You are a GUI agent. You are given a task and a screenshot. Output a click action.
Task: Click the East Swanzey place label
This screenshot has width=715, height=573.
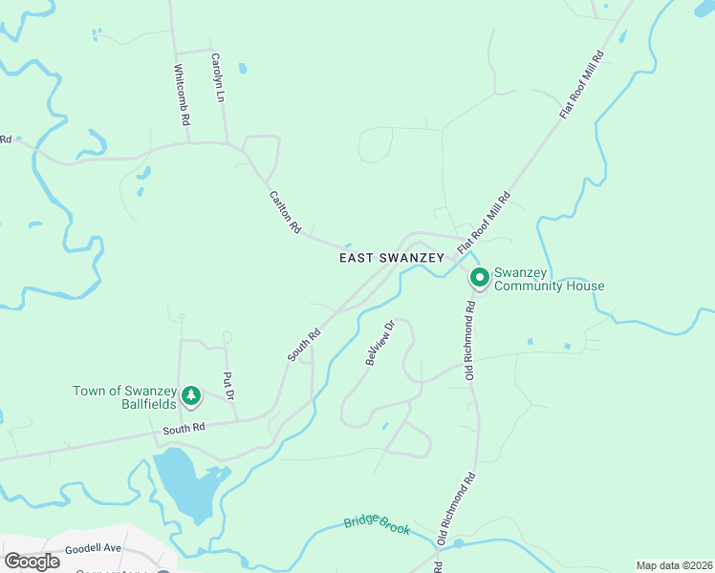pyautogui.click(x=392, y=258)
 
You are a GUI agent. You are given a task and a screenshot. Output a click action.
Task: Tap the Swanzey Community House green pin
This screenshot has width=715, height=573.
pyautogui.click(x=479, y=278)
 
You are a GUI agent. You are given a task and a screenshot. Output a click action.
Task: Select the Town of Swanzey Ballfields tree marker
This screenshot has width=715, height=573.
pyautogui.click(x=192, y=395)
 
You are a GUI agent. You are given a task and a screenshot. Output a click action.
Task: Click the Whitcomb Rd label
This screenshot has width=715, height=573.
pyautogui.click(x=182, y=95)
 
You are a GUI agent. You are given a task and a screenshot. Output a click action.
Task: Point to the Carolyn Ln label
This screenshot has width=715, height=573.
pyautogui.click(x=217, y=77)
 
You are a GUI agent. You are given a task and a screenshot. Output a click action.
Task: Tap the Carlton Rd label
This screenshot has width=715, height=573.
pyautogui.click(x=285, y=211)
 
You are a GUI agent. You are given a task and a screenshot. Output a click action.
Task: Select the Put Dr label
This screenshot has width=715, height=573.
pyautogui.click(x=227, y=385)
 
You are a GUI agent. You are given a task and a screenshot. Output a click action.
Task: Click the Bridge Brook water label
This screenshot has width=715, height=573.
pyautogui.click(x=377, y=525)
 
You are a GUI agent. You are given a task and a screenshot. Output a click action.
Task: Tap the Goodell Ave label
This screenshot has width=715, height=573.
pyautogui.click(x=93, y=549)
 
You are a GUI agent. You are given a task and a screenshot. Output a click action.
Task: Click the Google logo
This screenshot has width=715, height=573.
pyautogui.click(x=32, y=562)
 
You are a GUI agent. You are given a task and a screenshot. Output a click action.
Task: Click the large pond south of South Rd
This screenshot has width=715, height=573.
pyautogui.click(x=184, y=482)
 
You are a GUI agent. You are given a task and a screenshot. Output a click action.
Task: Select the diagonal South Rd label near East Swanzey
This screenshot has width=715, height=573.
pyautogui.click(x=305, y=346)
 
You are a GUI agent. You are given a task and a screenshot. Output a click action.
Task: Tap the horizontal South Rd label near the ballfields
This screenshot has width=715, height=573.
pyautogui.click(x=184, y=430)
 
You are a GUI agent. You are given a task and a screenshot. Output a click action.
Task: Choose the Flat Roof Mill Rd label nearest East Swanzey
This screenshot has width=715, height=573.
pyautogui.click(x=484, y=223)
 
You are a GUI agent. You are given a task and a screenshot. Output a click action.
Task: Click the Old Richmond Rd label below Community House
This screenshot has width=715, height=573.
pyautogui.click(x=470, y=341)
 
